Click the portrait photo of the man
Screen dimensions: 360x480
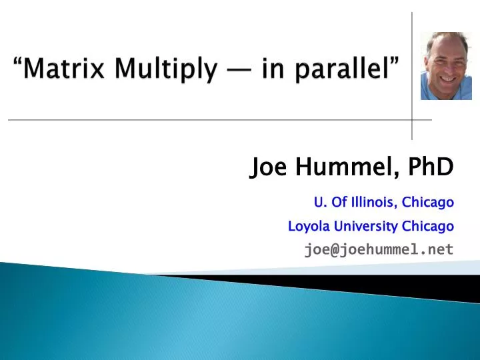click(445, 66)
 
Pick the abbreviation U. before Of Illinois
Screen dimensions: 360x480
click(319, 202)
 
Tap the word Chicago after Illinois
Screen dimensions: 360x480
click(429, 202)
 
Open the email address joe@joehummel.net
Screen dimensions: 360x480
click(379, 250)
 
